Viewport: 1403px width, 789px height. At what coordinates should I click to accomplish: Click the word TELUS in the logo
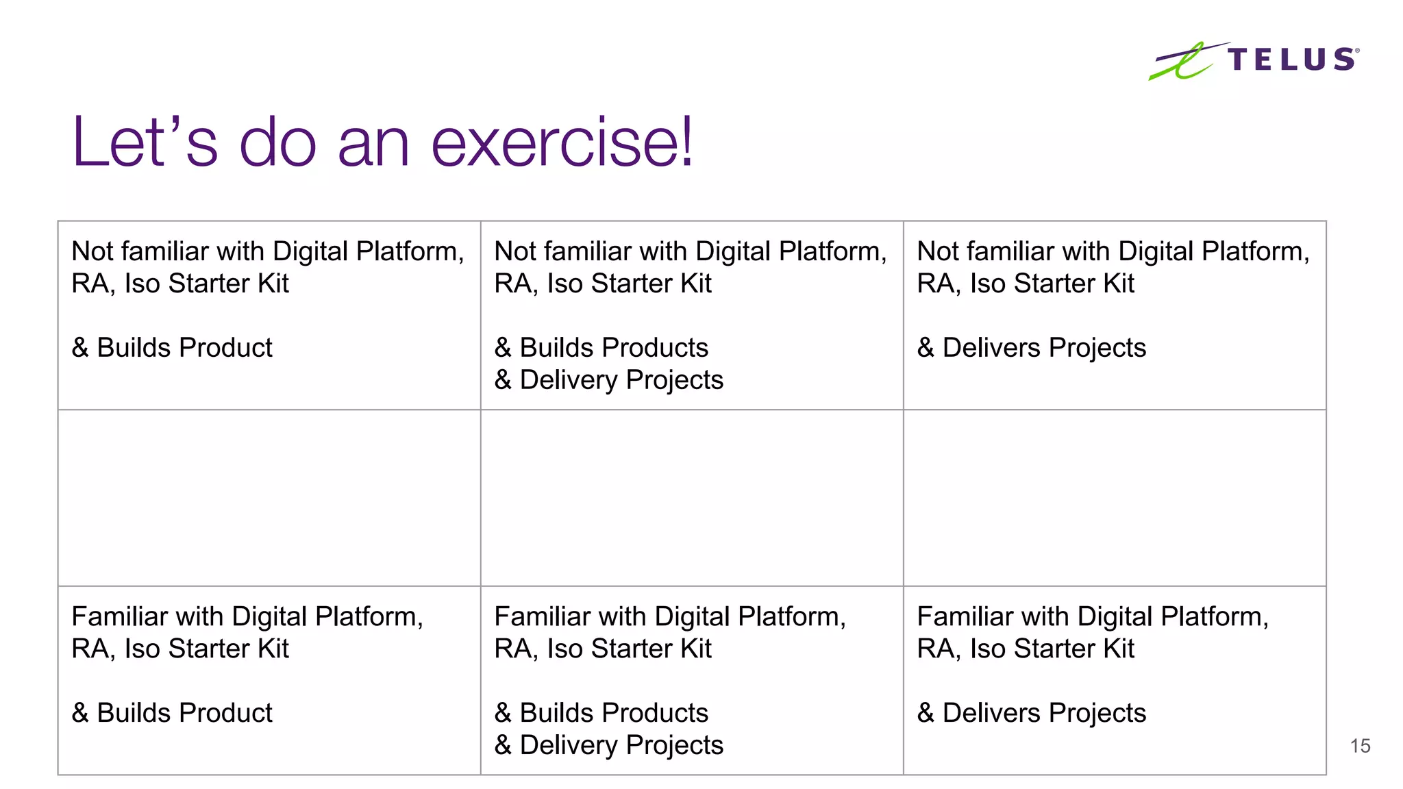[1291, 60]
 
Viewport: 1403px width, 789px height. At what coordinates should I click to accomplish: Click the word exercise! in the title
[562, 142]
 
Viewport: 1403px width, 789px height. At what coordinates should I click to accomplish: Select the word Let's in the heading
[145, 142]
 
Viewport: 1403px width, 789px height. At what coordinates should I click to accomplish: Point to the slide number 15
[1360, 746]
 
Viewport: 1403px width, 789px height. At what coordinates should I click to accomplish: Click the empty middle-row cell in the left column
[269, 498]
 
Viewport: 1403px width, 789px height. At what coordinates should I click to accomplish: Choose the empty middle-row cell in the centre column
[692, 498]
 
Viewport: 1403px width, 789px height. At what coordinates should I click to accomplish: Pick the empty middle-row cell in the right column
[1115, 498]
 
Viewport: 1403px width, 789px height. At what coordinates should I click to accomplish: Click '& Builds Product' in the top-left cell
[172, 348]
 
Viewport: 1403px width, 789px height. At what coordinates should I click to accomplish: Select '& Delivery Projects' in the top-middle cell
[609, 380]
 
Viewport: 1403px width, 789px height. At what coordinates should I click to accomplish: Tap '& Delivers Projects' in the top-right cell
[1031, 348]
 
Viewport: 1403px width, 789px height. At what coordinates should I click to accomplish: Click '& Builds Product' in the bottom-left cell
[172, 713]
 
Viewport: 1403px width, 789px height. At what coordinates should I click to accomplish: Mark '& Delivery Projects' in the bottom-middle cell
[609, 745]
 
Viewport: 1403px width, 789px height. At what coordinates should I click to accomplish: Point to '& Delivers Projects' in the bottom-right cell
[1031, 713]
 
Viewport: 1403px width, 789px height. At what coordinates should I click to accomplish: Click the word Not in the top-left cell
[92, 252]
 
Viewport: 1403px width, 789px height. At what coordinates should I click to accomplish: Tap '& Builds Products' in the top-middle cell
[601, 348]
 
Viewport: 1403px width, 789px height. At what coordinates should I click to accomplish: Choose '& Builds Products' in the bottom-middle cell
[601, 713]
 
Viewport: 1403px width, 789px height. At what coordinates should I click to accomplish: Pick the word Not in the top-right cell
[938, 252]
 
